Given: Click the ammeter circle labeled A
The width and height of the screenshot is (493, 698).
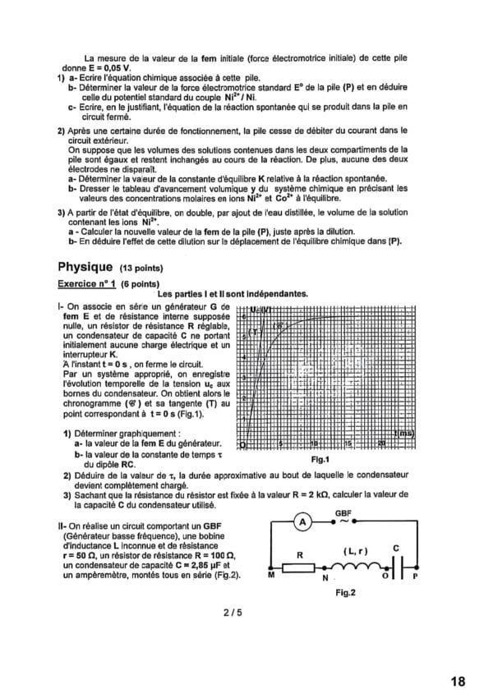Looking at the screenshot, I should (302, 521).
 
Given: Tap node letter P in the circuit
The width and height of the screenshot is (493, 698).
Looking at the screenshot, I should (415, 577).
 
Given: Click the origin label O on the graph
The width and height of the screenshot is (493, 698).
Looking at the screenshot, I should (243, 444).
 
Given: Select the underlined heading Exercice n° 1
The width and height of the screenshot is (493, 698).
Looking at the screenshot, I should (87, 282).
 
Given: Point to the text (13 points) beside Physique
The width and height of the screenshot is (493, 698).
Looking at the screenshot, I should (141, 269).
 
